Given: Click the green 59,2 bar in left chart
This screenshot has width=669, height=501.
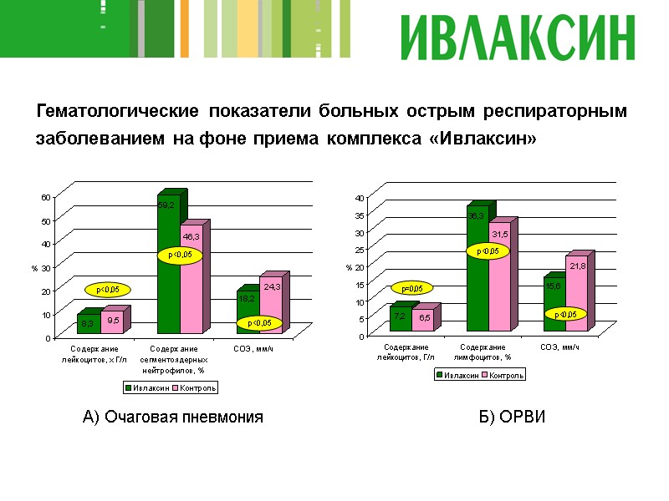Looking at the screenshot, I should [x=168, y=267].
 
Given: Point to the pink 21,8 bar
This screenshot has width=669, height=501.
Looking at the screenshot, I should [x=577, y=288].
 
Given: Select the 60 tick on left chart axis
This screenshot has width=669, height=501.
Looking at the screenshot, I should [x=46, y=196].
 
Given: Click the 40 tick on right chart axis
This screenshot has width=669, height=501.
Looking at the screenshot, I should [x=360, y=198].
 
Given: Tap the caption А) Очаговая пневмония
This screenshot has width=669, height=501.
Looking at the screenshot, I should [x=173, y=417].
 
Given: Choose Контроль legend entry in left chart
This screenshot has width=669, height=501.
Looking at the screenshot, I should [x=197, y=387].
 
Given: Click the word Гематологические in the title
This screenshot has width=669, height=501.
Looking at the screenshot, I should [x=116, y=111].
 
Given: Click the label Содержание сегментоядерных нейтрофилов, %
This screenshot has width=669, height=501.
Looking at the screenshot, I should [x=173, y=358].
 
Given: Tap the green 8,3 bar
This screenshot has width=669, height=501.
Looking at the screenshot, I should [x=88, y=323].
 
